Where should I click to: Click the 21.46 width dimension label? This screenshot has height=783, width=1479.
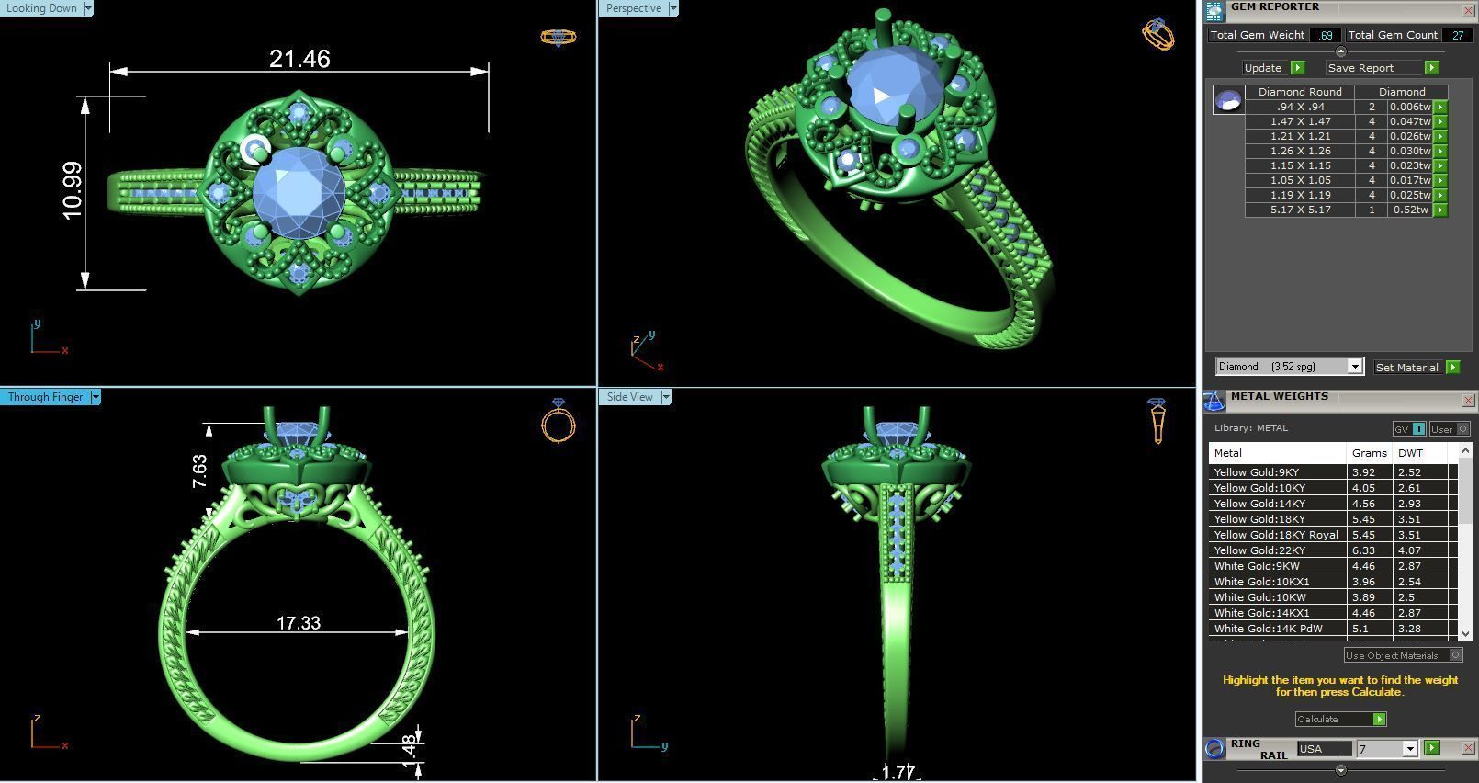(299, 59)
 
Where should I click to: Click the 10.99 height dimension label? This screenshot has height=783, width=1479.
(73, 190)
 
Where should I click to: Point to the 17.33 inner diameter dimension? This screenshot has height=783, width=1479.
(299, 623)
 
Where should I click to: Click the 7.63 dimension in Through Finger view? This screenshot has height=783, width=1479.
(199, 471)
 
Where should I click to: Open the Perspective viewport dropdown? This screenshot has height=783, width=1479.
(673, 8)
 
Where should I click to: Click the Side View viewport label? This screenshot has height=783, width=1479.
(629, 397)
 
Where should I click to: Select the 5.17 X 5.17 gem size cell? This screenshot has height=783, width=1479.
(1300, 210)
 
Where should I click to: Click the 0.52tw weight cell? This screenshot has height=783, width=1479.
(1409, 210)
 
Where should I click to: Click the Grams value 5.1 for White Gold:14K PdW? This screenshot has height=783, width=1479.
(1360, 629)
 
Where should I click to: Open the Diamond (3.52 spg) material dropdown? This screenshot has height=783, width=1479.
(1354, 367)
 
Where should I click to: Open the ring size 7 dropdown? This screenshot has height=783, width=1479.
(1409, 749)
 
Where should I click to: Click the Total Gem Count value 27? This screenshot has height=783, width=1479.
(1457, 35)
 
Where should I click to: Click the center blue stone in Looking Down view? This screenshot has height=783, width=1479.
(299, 192)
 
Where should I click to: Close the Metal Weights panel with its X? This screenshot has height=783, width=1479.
(1468, 400)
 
